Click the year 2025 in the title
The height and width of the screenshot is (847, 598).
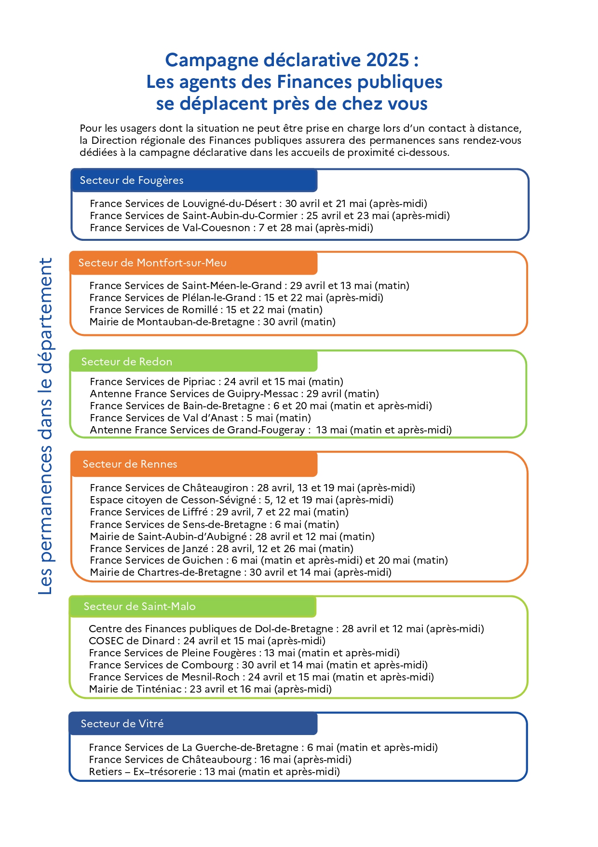point(387,60)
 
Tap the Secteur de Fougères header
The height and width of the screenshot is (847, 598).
point(132,181)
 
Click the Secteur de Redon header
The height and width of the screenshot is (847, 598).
point(127,362)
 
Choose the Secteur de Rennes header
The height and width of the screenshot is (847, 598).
point(130,464)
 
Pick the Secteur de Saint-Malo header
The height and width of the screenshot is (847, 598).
point(139,607)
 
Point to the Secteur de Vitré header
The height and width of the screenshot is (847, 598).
point(122,724)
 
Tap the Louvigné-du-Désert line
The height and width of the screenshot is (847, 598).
point(258,204)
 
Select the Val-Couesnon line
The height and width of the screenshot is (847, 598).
point(231,228)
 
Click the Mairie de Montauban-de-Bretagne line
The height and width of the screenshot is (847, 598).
point(212,322)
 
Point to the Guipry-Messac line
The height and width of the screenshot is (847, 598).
point(234,394)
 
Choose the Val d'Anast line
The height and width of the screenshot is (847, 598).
point(200,418)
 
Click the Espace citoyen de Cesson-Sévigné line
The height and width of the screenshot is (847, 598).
point(242,500)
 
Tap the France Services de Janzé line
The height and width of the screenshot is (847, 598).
point(221,549)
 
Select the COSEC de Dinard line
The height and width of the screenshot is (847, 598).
point(207,641)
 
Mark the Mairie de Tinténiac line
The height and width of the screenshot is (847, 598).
point(210,689)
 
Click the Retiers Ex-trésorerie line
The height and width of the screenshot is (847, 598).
point(214,772)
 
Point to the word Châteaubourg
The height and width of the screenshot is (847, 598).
point(217,760)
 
